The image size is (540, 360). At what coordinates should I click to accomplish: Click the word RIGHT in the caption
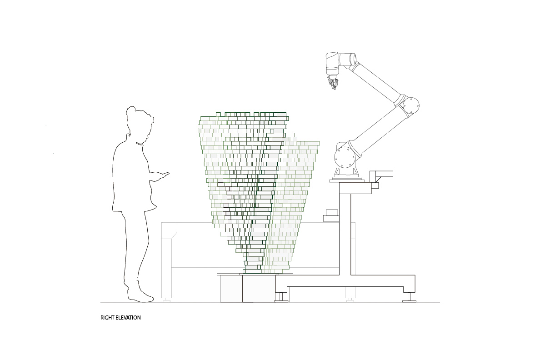click(107, 318)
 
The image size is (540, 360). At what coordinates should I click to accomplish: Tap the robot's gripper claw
click(333, 83)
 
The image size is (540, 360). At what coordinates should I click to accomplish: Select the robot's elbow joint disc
click(410, 105)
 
